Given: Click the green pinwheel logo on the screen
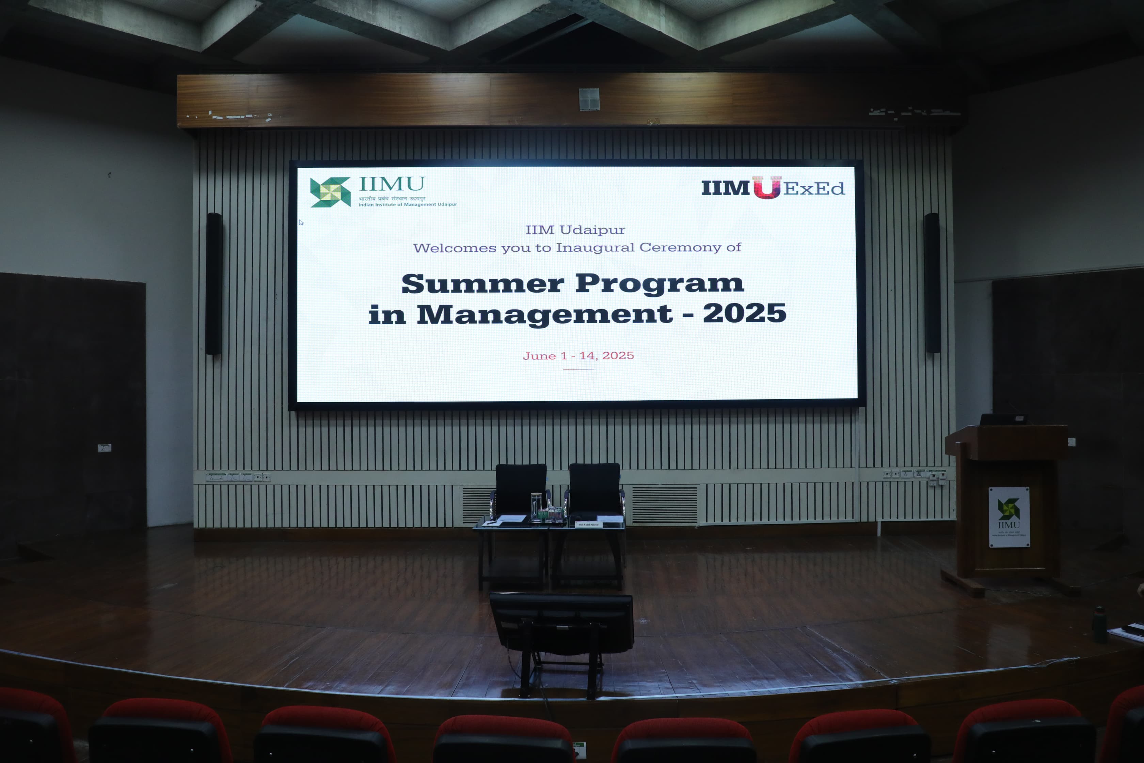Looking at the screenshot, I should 330,192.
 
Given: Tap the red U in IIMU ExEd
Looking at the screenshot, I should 766,187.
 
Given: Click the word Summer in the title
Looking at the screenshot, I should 482,284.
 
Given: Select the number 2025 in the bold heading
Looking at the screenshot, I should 744,313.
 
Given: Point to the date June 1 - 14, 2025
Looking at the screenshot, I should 578,356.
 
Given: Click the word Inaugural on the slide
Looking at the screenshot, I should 595,248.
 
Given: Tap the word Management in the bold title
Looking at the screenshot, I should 544,314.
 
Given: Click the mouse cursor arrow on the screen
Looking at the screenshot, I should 301,222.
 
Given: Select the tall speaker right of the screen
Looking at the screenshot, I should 932,283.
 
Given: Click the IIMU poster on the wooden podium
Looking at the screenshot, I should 1009,517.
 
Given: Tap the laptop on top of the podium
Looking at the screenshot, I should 1003,419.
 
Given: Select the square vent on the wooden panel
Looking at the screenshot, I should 589,99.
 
